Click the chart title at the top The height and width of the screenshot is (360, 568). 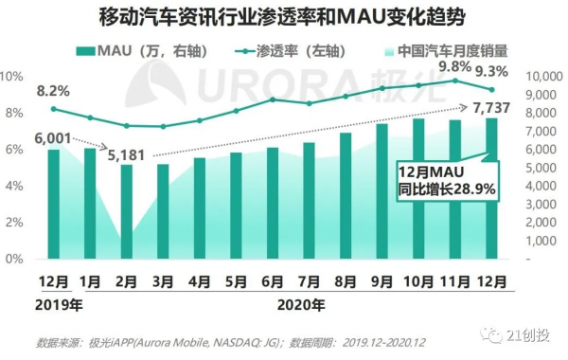coord(284,17)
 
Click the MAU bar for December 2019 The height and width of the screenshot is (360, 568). coord(54,204)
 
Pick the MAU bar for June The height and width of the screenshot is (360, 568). coord(273,203)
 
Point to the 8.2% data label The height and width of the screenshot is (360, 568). coord(53,92)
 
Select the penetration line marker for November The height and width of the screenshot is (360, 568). coord(455,81)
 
